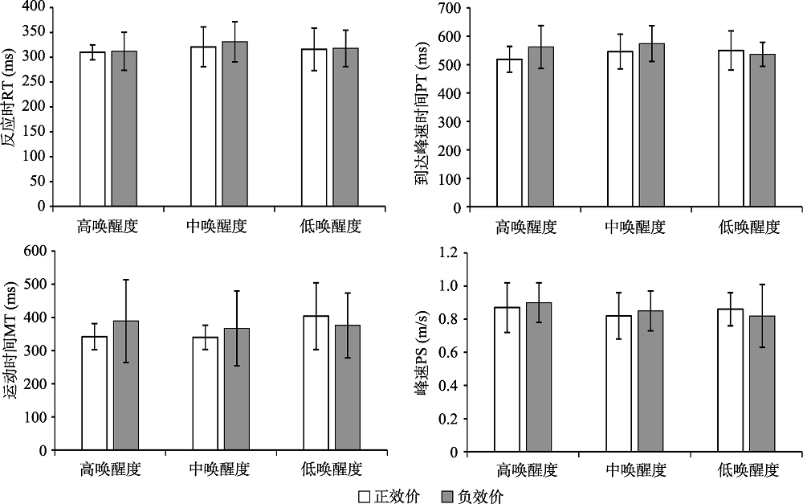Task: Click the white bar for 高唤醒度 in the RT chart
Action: [x=92, y=129]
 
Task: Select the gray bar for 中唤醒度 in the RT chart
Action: [x=234, y=124]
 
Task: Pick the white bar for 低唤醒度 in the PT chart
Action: [x=732, y=129]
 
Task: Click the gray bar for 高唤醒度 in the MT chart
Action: [x=126, y=386]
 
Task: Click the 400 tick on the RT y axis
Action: [x=32, y=7]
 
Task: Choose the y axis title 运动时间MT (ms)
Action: [x=10, y=349]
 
